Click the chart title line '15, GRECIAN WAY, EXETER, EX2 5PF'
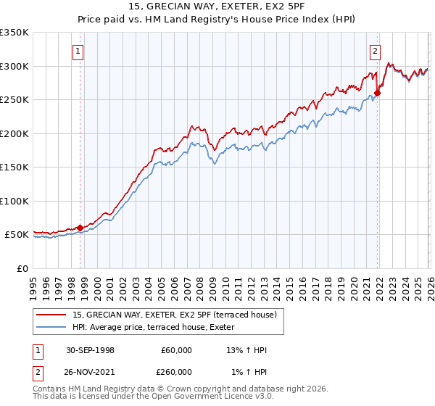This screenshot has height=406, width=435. point(217,7)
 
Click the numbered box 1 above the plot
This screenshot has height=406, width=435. point(78,51)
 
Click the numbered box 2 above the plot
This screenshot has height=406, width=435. point(375,51)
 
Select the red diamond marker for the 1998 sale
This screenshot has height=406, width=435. point(80,228)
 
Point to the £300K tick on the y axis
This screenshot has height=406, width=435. point(14,66)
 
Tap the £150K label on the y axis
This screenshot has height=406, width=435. point(14,167)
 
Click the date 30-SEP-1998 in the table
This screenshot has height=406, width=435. point(90,350)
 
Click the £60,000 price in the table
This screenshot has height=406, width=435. point(176,350)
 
